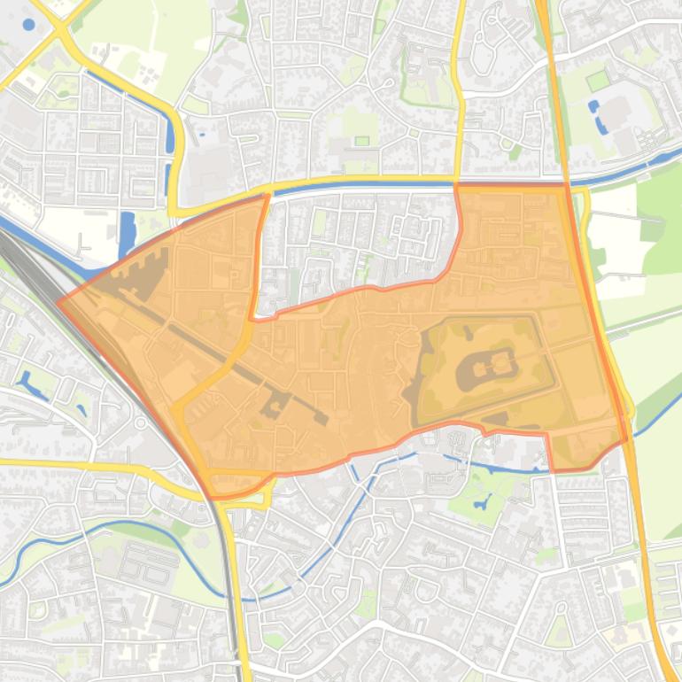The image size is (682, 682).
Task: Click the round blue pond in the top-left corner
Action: point(28,24)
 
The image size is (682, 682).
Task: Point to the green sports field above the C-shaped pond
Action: point(600,81)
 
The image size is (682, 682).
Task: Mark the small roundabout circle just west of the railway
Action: point(141,423)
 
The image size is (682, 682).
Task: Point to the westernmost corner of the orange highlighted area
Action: point(58,302)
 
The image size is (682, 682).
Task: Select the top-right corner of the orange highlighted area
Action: point(566,185)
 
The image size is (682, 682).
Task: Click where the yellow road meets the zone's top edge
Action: point(456,185)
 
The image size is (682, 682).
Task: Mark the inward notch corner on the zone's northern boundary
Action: point(252,319)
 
